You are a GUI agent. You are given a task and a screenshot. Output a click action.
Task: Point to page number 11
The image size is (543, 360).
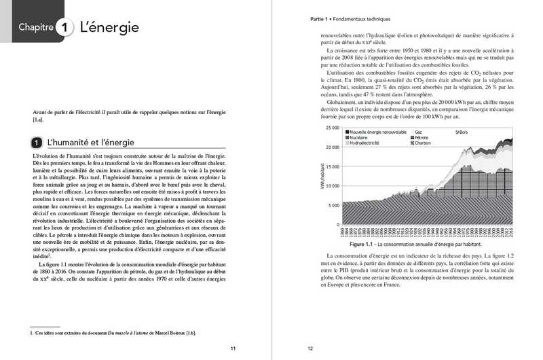233,348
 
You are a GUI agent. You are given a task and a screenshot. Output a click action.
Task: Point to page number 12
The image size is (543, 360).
310,348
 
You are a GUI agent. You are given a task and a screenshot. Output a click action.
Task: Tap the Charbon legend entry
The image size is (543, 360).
422,143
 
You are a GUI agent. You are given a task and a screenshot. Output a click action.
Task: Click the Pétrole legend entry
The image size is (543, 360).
421,137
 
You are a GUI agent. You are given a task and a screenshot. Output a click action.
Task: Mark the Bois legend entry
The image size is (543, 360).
462,131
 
